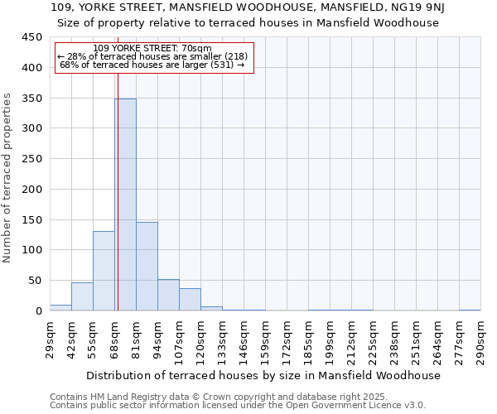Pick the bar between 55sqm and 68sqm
point(104,271)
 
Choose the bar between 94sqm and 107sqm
point(168,295)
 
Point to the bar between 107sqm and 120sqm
point(190,299)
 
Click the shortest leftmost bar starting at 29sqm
point(60,307)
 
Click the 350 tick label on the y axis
point(32,99)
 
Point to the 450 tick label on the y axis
point(32,37)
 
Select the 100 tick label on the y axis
point(32,250)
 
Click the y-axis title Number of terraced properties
point(7,177)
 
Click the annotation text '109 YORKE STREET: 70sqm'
point(152,48)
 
